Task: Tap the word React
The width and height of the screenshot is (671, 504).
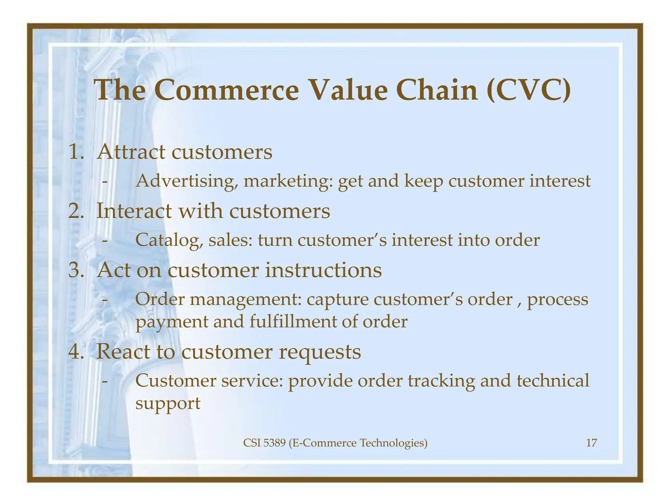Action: (123, 352)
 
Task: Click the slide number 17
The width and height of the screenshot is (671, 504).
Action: (591, 443)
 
